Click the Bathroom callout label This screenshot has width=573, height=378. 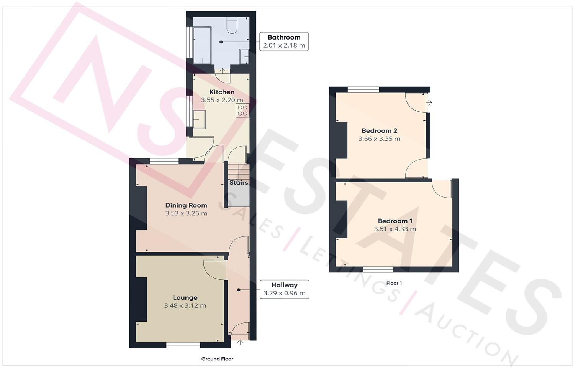pyautogui.click(x=284, y=41)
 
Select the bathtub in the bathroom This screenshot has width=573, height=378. pyautogui.click(x=202, y=45)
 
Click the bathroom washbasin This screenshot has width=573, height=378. pyautogui.click(x=244, y=56)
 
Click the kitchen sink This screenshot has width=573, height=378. pyautogui.click(x=199, y=119)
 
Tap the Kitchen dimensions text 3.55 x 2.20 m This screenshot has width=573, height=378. pyautogui.click(x=222, y=100)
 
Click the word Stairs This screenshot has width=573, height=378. pyautogui.click(x=239, y=183)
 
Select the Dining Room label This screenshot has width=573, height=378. pyautogui.click(x=186, y=205)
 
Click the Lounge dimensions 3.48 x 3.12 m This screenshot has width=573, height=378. pyautogui.click(x=185, y=306)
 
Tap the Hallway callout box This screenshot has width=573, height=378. pyautogui.click(x=284, y=289)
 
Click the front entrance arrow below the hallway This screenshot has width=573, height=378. pyautogui.click(x=240, y=342)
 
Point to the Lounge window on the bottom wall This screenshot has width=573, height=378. pyautogui.click(x=183, y=345)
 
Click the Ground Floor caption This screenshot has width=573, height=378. pyautogui.click(x=217, y=359)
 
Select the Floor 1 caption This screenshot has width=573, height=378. pyautogui.click(x=394, y=283)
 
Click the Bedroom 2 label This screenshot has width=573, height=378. pyautogui.click(x=379, y=131)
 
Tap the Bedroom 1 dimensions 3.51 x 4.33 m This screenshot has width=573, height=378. pyautogui.click(x=395, y=229)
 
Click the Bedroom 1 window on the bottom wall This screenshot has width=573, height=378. pyautogui.click(x=378, y=270)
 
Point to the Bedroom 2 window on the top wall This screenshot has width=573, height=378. pyautogui.click(x=363, y=90)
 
